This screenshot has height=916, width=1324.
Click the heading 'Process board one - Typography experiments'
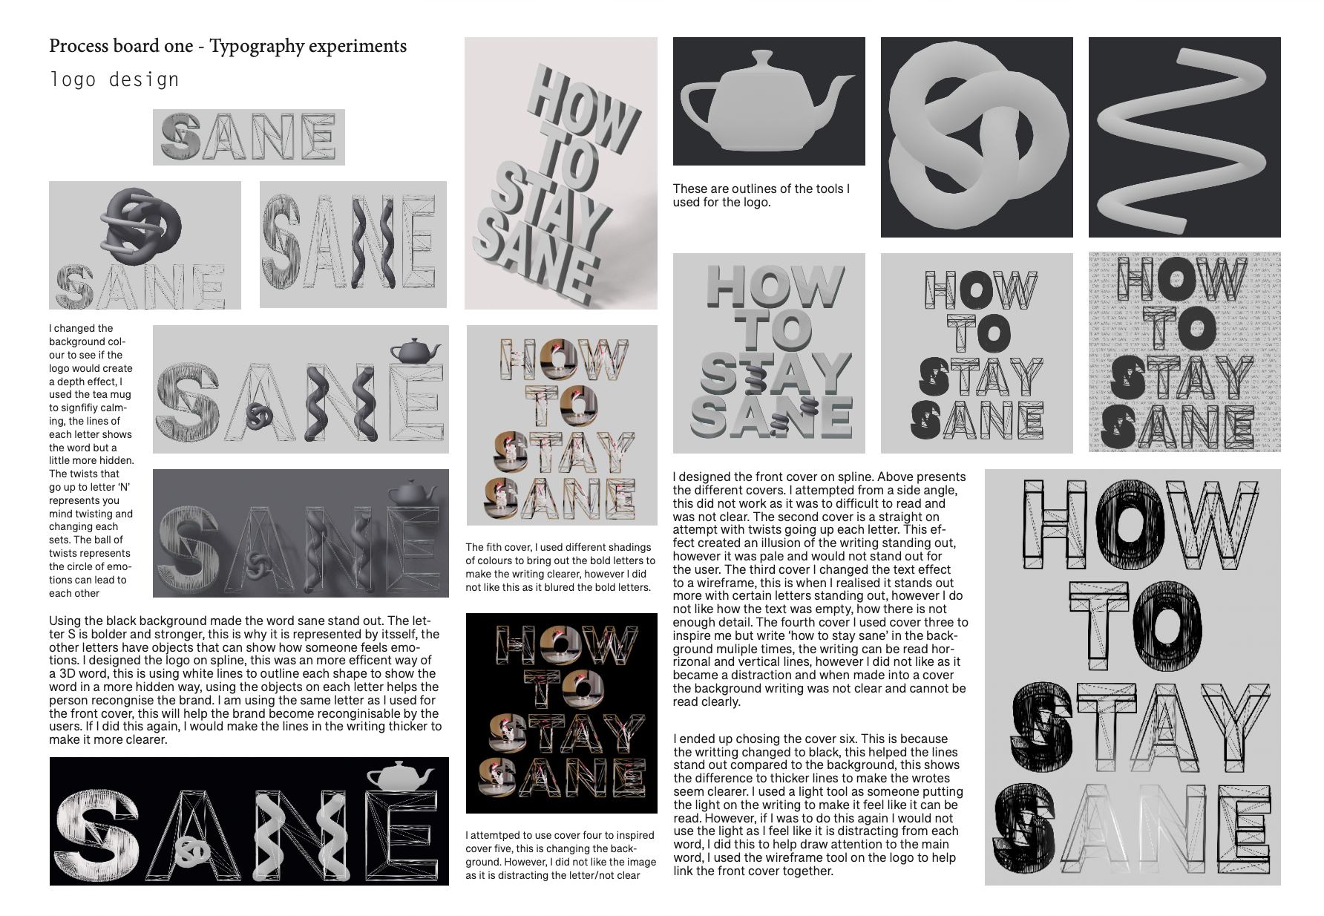(228, 46)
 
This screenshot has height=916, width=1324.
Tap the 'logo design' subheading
(114, 79)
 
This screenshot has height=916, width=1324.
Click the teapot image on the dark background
(769, 101)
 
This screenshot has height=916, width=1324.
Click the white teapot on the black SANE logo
(401, 776)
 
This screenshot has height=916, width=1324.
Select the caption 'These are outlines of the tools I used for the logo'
(761, 195)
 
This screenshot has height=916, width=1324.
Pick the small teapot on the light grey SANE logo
(416, 350)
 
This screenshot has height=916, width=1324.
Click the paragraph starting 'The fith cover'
(560, 567)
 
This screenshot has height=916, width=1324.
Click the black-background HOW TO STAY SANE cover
(562, 713)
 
